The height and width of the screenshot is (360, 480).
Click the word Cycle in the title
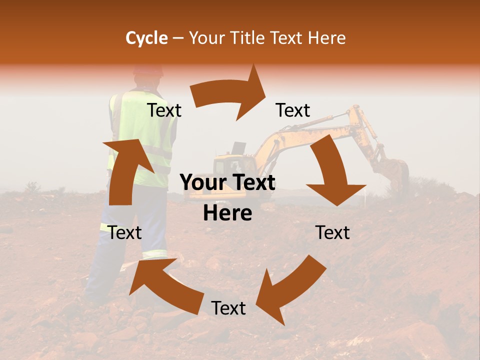[146, 38]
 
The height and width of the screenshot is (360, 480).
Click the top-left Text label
[164, 110]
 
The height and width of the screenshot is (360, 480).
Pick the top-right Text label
[293, 110]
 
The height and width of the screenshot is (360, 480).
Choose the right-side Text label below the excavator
[332, 232]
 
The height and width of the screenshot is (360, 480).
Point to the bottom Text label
[228, 308]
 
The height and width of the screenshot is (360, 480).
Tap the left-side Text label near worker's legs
[124, 232]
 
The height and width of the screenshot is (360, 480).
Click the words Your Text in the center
[227, 183]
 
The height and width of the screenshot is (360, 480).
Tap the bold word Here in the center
[227, 213]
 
